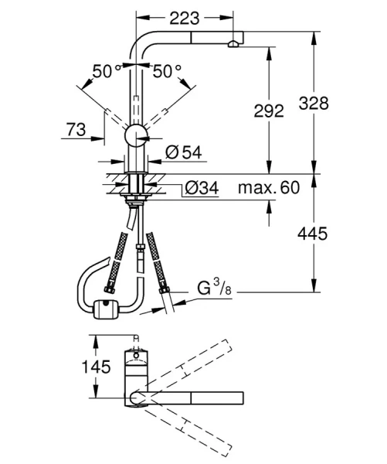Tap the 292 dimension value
tap(268, 111)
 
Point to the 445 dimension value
tap(334, 233)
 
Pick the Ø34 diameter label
tap(202, 188)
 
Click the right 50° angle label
tap(167, 72)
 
